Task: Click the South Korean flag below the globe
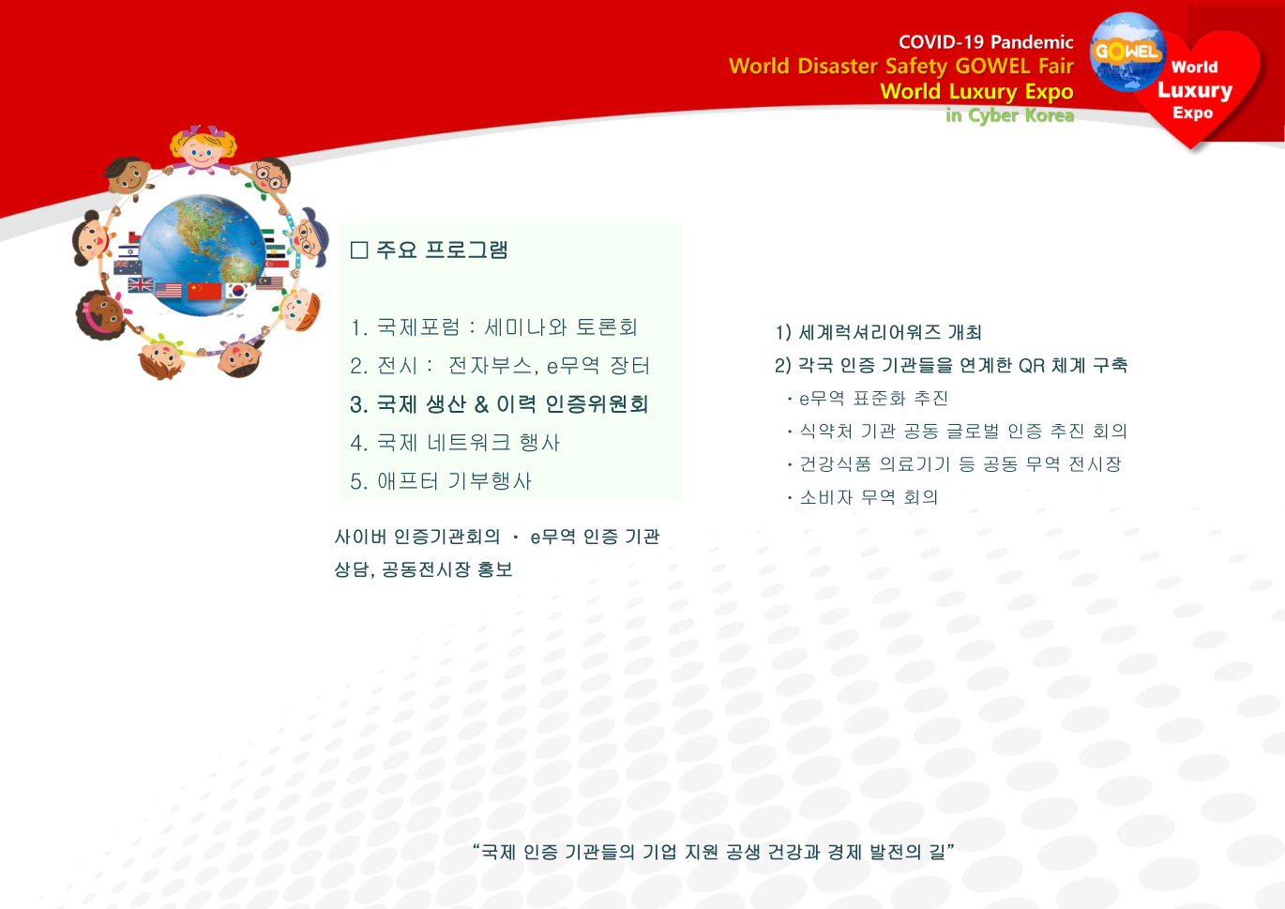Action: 237,291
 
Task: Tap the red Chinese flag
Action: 204,291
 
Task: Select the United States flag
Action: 169,291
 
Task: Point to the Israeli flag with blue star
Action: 129,250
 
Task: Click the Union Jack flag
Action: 141,284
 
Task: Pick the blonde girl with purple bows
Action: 203,148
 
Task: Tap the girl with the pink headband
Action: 103,315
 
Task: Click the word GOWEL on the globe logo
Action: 1126,51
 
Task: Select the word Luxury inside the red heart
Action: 1195,91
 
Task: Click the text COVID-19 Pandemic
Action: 986,42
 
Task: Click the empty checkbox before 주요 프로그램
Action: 359,250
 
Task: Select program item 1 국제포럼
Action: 494,327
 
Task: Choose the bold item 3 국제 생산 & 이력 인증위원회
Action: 499,404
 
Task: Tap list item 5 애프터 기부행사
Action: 441,481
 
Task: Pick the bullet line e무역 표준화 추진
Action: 868,399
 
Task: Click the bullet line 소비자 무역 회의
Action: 863,497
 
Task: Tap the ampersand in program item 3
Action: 481,404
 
